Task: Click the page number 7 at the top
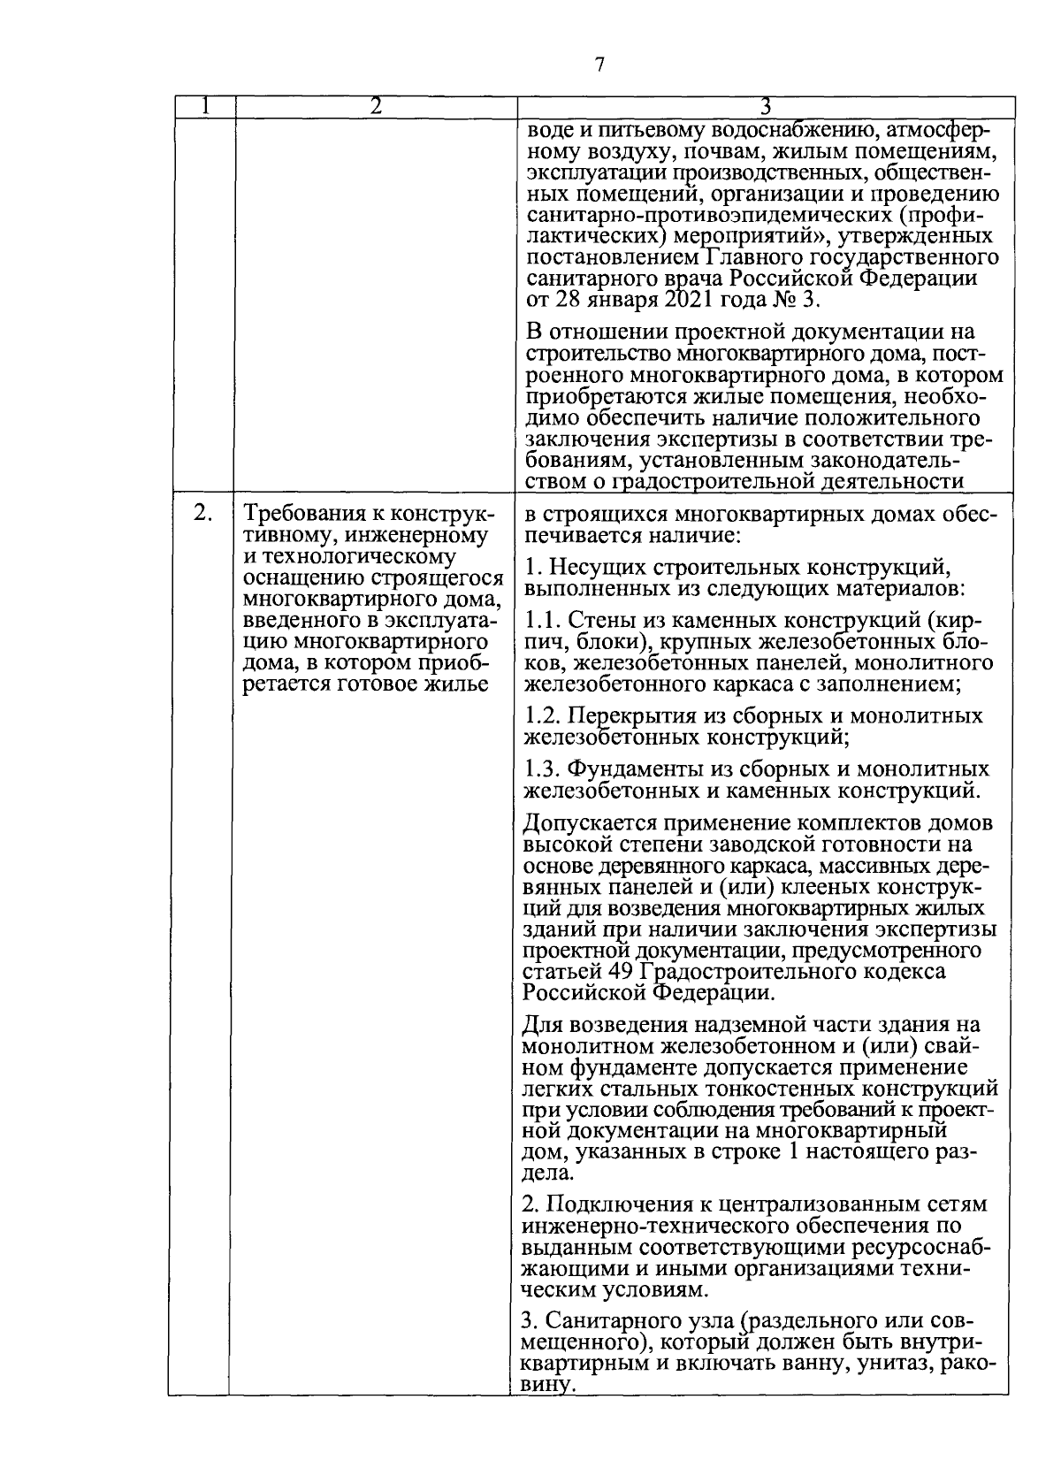[x=599, y=65]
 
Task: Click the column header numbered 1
[x=203, y=106]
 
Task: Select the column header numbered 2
[x=375, y=106]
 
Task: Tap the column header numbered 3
[x=766, y=107]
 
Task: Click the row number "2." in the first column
[x=202, y=513]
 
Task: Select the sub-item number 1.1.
[x=540, y=619]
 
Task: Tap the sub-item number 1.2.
[x=540, y=715]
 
